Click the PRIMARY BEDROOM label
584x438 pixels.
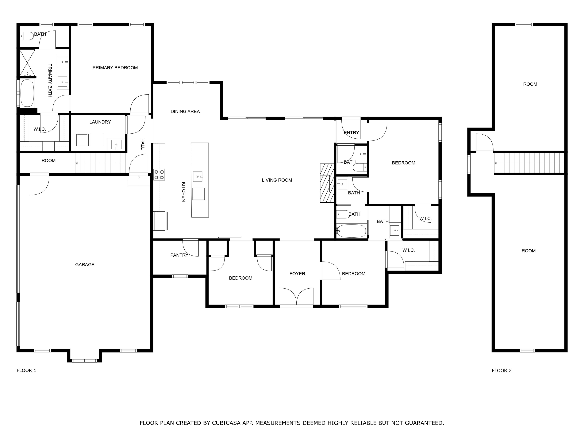[115, 68]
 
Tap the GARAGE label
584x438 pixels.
[85, 265]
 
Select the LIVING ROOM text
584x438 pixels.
[277, 180]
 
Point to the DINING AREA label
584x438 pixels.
[185, 111]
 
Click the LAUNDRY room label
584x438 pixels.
[100, 122]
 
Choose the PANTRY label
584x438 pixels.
[179, 255]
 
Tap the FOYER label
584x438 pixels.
[297, 274]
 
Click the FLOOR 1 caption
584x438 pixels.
[26, 370]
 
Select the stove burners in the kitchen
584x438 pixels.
[159, 175]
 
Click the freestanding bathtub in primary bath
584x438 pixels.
[27, 93]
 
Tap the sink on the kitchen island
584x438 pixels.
[198, 177]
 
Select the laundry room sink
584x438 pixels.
[116, 145]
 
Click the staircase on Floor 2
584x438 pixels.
[529, 163]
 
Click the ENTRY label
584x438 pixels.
[351, 133]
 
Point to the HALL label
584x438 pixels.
[143, 144]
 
